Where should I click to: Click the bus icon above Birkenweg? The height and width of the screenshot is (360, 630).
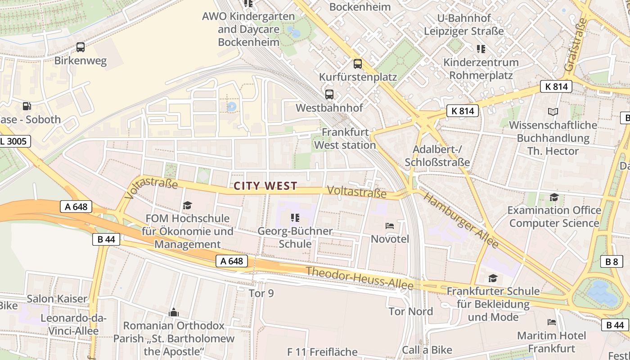[81, 47]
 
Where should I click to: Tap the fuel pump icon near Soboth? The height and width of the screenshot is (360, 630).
[27, 106]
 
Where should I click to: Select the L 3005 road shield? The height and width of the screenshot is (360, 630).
[13, 141]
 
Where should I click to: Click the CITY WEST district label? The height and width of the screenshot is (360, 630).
[265, 186]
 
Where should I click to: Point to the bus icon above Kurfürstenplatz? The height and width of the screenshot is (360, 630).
[358, 64]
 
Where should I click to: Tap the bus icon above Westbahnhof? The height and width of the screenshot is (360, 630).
[329, 94]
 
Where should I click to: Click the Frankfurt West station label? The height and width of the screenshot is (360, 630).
[345, 139]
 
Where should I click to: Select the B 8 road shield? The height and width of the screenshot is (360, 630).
[612, 261]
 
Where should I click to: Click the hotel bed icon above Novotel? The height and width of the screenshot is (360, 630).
[390, 225]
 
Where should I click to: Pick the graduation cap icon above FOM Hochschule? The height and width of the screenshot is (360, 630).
[187, 206]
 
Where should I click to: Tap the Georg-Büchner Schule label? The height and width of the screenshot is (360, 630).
[295, 237]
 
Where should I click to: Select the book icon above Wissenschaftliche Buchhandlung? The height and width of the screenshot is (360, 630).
[553, 112]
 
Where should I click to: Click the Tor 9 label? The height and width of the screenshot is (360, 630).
[261, 293]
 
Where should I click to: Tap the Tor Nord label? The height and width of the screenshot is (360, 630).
[410, 311]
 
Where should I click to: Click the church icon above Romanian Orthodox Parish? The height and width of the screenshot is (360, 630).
[174, 312]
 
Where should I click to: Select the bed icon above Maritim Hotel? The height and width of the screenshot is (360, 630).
[551, 322]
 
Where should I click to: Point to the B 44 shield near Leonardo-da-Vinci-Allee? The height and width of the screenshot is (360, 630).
[106, 239]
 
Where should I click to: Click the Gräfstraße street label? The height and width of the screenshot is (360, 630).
[576, 45]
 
